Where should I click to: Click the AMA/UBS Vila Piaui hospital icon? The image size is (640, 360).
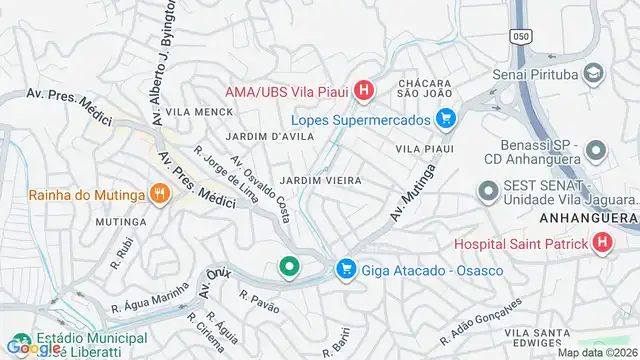click(x=364, y=92)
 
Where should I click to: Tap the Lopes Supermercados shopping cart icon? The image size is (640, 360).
click(x=447, y=120)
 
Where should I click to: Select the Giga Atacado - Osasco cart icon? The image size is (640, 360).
click(x=346, y=269)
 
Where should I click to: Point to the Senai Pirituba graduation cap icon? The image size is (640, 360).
click(x=593, y=74)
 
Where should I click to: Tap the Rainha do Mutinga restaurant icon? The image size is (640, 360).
click(x=158, y=195)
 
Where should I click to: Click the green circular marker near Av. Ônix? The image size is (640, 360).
click(x=289, y=267)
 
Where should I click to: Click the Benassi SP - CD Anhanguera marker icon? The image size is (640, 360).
click(x=596, y=152)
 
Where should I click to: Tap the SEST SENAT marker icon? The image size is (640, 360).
click(x=488, y=189)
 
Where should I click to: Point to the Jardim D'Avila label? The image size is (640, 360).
click(x=243, y=136)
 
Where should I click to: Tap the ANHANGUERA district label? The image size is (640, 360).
click(x=589, y=217)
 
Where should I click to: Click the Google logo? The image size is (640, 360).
click(x=31, y=347)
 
